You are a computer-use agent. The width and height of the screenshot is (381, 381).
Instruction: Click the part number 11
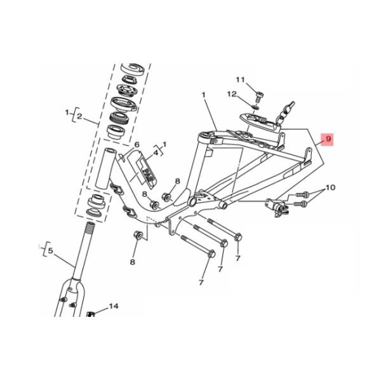[240, 79]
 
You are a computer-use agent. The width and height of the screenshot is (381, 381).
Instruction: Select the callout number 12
[232, 95]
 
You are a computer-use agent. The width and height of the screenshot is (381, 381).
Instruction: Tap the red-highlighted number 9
[328, 138]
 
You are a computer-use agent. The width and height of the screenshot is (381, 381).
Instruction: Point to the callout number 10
[330, 188]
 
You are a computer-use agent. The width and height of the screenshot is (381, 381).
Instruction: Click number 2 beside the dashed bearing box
[79, 116]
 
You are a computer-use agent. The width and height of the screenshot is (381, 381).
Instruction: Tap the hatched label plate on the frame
[145, 168]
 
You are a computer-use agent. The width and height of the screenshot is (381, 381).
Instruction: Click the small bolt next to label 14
[91, 314]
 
